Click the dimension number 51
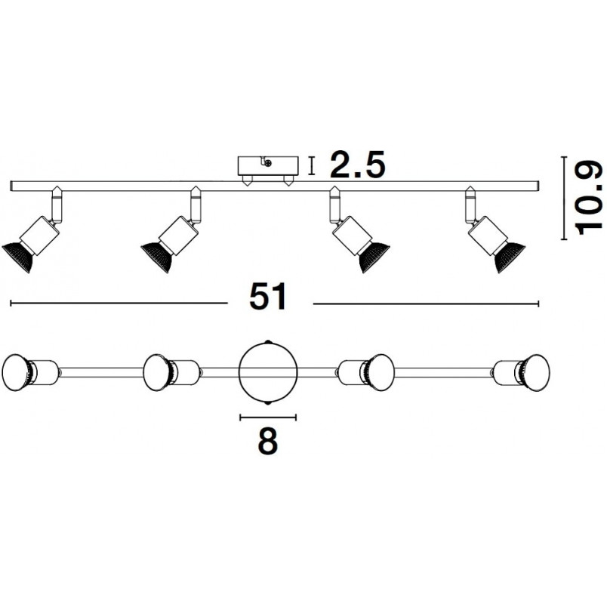point(268,296)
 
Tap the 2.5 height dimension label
point(357,164)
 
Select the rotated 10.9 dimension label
point(589,198)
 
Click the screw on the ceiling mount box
point(268,164)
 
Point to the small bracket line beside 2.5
point(311,165)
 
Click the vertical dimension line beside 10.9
point(564,198)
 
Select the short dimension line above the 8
point(268,417)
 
